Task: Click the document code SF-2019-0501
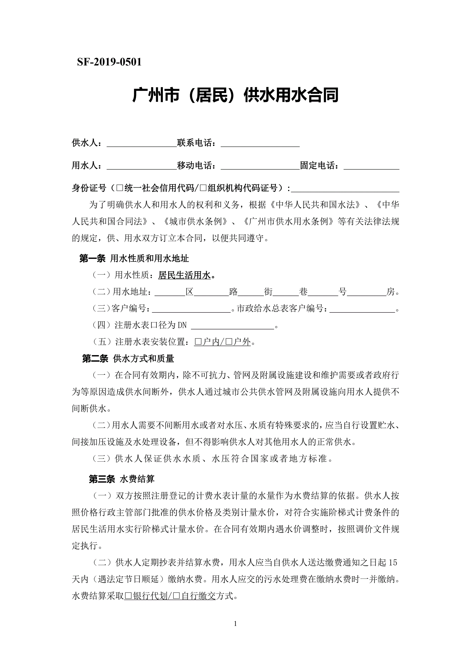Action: coord(109,62)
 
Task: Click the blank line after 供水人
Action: coord(142,144)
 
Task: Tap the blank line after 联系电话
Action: coord(260,144)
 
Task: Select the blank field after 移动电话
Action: coord(260,166)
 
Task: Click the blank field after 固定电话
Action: coord(371,166)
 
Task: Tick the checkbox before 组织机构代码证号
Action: coord(203,188)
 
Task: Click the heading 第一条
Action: coord(92,259)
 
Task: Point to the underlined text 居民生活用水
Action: coord(184,275)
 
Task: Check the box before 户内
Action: coord(198,342)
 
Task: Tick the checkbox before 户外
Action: coord(229,342)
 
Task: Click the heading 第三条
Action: coord(102,479)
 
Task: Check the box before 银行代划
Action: coord(128,597)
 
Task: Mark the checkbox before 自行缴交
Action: coord(176,597)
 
